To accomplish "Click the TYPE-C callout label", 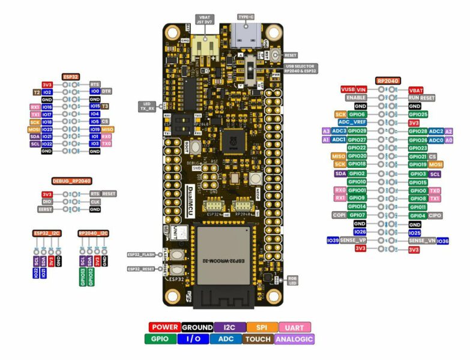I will click(x=245, y=17).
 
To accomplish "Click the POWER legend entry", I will click(x=164, y=327).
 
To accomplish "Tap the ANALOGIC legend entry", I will click(x=294, y=339).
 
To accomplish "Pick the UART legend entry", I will click(x=294, y=327).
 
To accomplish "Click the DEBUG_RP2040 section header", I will click(x=71, y=181).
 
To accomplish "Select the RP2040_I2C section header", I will click(x=93, y=232).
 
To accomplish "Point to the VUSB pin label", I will click(x=348, y=89).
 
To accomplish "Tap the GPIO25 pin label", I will click(x=418, y=114).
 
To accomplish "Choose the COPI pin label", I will click(x=338, y=215).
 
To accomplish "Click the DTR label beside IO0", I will click(x=107, y=91).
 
